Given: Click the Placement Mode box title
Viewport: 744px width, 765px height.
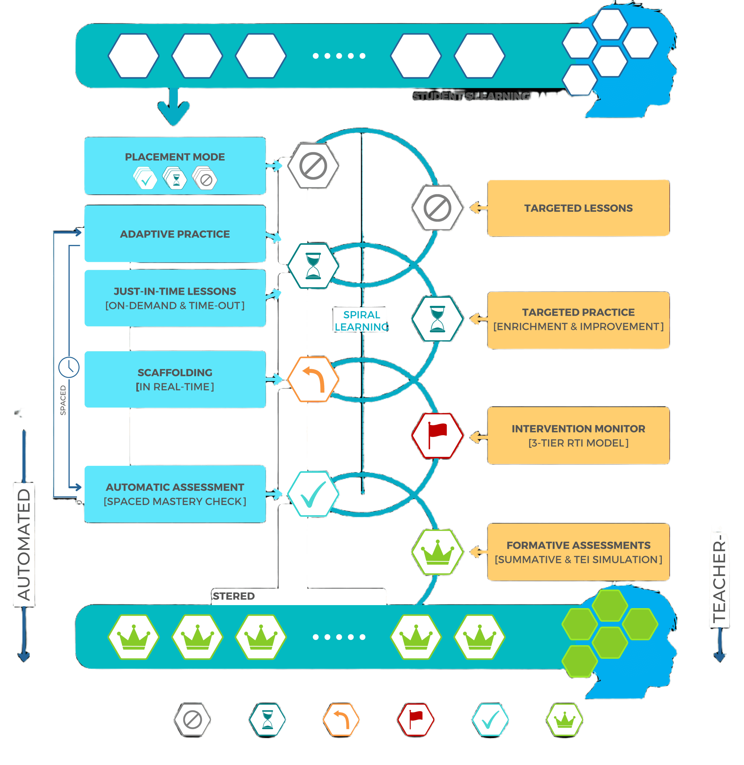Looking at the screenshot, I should tap(175, 157).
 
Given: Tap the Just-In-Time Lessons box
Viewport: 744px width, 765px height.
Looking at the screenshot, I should tap(175, 298).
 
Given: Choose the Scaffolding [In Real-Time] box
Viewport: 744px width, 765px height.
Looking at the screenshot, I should tap(175, 380).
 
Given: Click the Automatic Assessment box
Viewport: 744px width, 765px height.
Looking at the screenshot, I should tap(175, 494).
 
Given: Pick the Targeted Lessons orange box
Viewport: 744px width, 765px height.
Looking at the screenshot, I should tap(578, 208).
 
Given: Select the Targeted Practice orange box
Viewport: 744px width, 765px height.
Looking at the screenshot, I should tap(578, 320).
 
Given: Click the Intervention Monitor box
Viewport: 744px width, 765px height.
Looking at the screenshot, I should tap(578, 436).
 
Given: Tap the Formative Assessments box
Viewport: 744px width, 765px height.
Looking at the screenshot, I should tap(578, 552).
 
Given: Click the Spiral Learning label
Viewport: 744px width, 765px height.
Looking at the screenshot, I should tap(361, 320).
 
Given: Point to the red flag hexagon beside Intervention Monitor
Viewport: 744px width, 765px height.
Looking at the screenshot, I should tap(437, 435).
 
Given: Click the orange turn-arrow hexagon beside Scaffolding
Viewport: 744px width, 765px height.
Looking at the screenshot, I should tap(313, 379).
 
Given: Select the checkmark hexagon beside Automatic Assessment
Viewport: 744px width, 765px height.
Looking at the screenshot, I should tap(313, 494).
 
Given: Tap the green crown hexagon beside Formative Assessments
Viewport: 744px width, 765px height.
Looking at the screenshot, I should tap(437, 552).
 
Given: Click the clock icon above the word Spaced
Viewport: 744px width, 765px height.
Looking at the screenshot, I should tap(69, 367).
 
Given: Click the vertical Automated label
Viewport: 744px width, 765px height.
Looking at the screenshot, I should tap(24, 545).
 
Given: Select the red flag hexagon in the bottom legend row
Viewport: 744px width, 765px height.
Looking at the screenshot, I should tap(416, 720).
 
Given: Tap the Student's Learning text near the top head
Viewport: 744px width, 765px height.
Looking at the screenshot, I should tap(471, 96).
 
